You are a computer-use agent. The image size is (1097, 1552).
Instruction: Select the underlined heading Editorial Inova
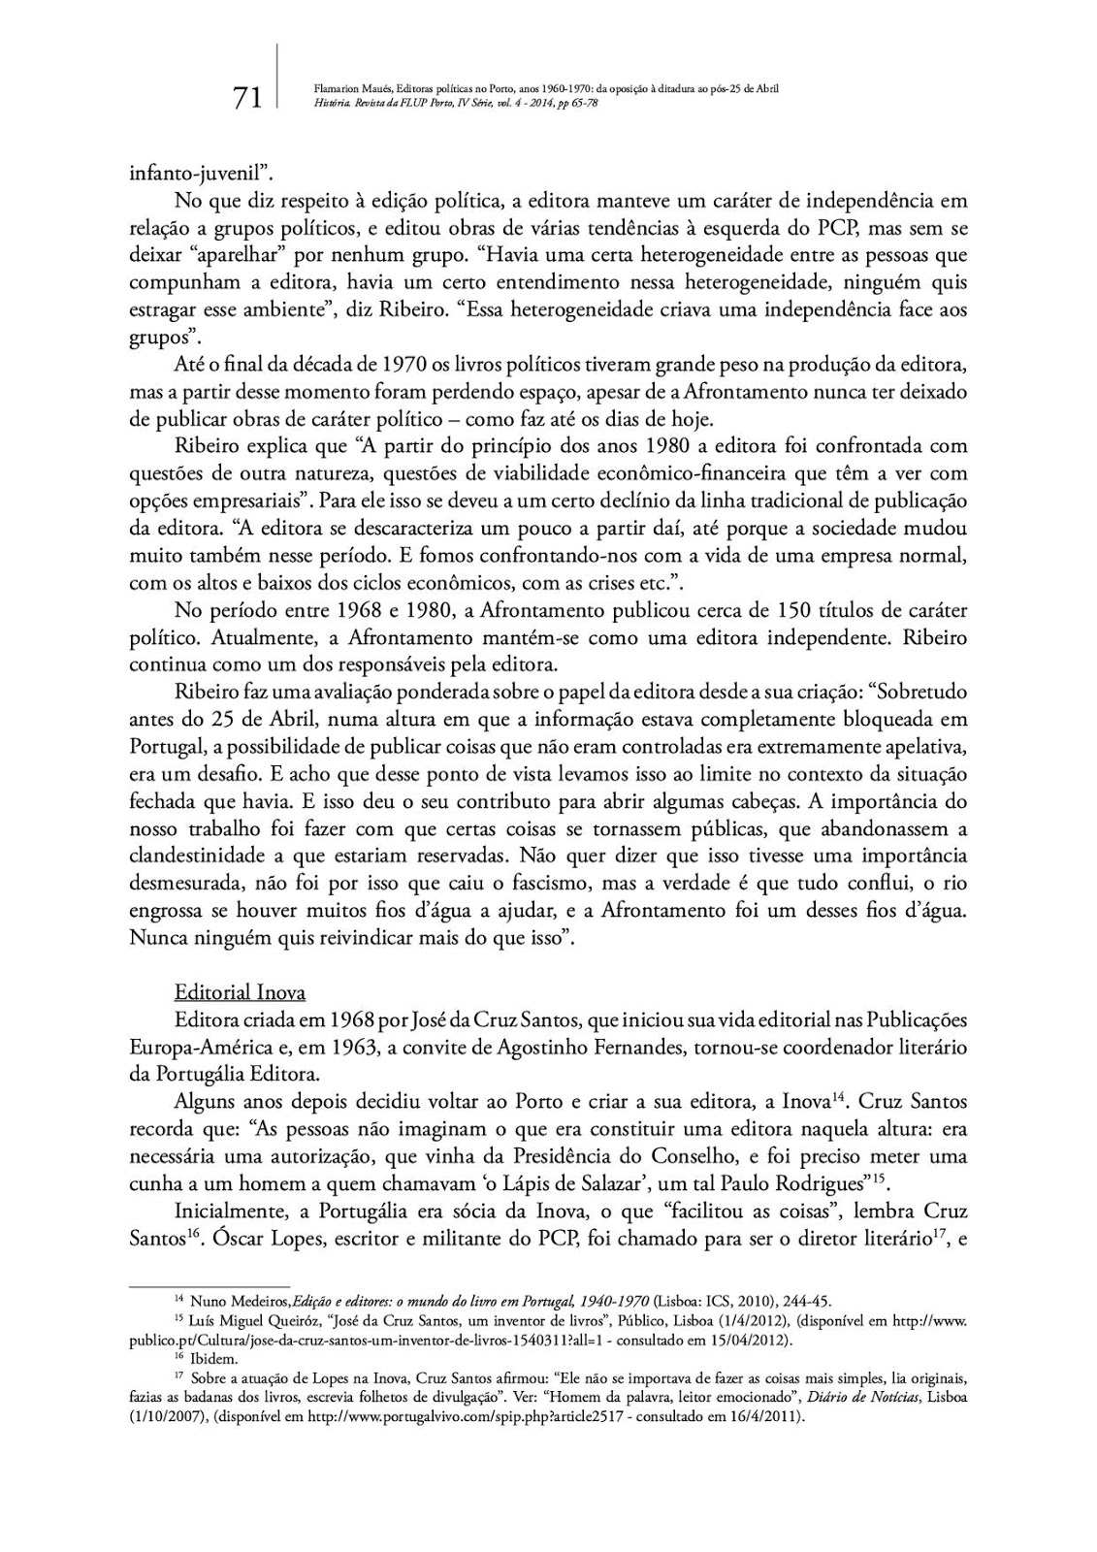tap(240, 992)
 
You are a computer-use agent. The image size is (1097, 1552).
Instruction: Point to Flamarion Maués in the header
tap(349, 88)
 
